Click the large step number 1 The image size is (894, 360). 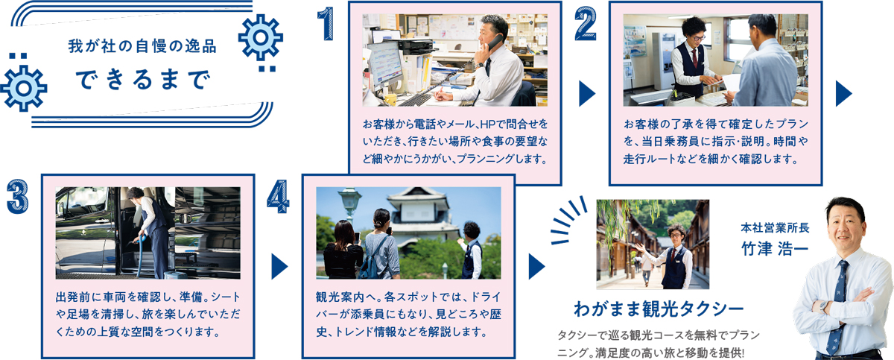tap(326, 23)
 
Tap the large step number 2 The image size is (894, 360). tap(586, 24)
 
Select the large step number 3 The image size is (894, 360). tap(18, 196)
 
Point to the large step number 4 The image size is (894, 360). tap(278, 196)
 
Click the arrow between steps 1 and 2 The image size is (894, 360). tap(587, 94)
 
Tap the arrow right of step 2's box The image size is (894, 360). tap(843, 94)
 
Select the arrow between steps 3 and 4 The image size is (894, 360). tap(279, 267)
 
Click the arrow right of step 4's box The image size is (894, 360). tap(536, 267)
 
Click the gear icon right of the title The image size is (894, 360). tap(261, 37)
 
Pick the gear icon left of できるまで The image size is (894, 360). tap(24, 89)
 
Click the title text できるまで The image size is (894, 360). tap(143, 80)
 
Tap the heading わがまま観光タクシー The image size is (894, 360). tap(659, 309)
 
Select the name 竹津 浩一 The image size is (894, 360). tap(775, 249)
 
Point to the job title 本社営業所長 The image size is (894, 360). tap(775, 227)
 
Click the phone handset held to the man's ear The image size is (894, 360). tap(494, 43)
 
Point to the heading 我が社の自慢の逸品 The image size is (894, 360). tap(142, 46)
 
